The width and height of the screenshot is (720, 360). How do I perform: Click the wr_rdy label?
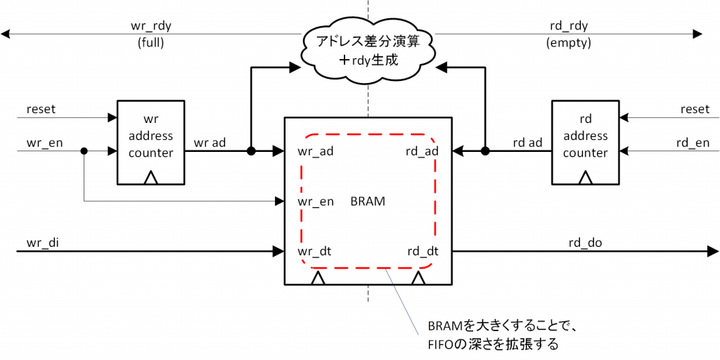[151, 26]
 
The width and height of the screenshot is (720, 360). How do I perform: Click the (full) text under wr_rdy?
[151, 42]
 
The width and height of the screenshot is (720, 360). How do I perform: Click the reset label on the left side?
[41, 109]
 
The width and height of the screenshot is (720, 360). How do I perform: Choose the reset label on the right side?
[695, 109]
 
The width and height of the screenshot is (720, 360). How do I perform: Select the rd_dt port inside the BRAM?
[423, 250]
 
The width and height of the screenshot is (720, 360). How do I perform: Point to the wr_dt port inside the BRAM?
[314, 250]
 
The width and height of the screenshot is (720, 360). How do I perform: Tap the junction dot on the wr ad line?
[251, 151]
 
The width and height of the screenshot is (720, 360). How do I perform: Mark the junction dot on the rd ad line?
[484, 151]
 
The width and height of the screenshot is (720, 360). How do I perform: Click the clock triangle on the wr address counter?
[150, 179]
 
